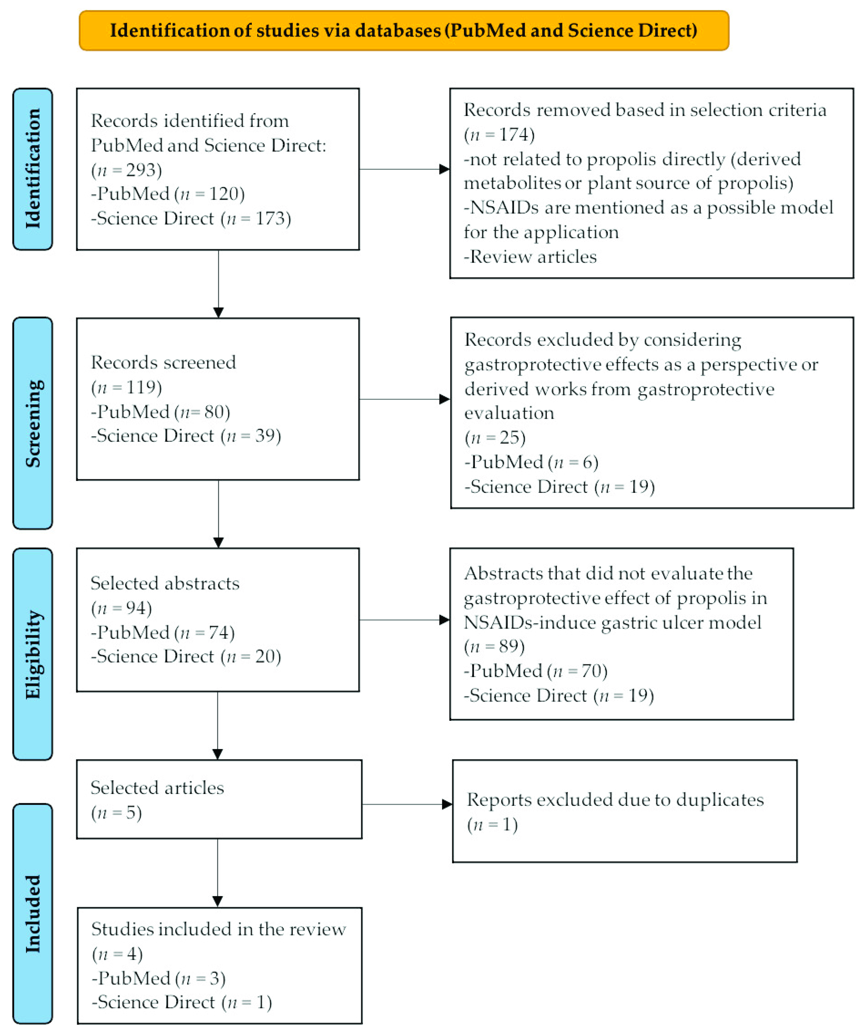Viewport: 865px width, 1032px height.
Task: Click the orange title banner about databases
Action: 404,30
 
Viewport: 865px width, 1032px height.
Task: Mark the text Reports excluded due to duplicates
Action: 615,800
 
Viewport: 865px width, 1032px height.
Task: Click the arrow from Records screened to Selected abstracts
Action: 219,514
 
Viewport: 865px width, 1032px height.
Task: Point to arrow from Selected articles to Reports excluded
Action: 407,804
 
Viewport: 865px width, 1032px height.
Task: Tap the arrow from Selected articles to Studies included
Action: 218,872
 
